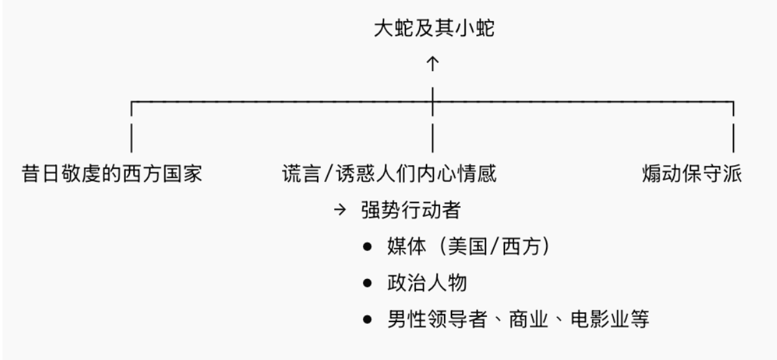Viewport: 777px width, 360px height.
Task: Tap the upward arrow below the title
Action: [433, 63]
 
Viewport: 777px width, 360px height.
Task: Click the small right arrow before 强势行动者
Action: [339, 210]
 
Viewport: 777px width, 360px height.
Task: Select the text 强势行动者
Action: [410, 210]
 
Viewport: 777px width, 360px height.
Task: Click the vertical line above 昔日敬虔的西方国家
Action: [131, 137]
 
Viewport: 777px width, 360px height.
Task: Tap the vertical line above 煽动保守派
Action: [733, 137]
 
